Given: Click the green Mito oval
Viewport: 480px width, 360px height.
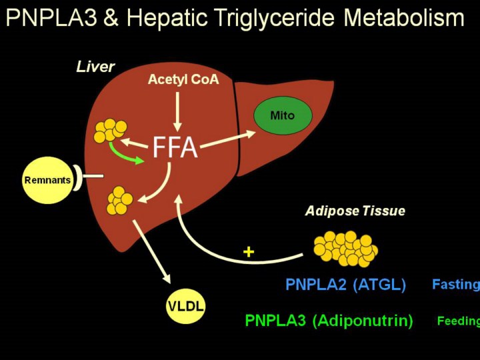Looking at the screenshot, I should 282,115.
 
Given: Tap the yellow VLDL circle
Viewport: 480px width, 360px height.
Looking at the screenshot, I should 185,306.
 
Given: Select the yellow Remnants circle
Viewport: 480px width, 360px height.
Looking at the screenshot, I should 47,180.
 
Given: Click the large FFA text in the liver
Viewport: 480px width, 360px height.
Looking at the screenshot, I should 175,147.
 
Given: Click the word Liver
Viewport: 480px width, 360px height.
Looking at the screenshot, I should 95,67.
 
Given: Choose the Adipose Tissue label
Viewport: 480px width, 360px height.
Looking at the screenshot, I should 355,211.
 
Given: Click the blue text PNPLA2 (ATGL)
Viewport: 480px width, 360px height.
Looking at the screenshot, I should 345,285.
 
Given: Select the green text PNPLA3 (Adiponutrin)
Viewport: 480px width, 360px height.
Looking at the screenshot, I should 329,321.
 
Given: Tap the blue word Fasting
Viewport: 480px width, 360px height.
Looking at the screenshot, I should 456,285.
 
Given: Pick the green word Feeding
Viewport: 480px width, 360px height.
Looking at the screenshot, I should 459,321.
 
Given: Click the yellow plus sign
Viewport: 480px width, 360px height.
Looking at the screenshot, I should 249,252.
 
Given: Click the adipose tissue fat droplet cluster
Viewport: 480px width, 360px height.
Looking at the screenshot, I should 345,249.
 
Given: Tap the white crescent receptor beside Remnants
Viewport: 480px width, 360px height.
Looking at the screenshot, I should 79,177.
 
